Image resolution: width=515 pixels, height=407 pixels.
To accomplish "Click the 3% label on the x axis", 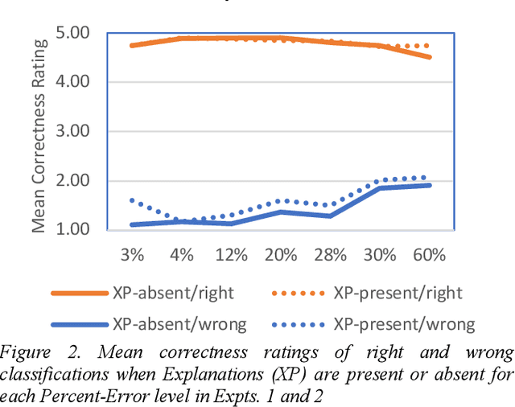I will [x=132, y=255].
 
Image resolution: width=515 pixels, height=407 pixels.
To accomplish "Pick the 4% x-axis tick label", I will [x=182, y=255].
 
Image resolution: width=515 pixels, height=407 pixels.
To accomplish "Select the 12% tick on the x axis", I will [x=231, y=255].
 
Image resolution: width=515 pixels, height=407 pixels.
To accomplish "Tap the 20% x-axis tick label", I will [x=281, y=255].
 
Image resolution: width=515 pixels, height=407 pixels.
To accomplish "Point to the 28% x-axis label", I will [x=330, y=255].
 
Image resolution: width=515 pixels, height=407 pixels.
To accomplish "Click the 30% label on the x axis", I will [x=380, y=255].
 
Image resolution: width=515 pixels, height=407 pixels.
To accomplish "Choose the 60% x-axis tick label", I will [x=429, y=255].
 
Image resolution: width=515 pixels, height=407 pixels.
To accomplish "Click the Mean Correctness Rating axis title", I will [x=39, y=133].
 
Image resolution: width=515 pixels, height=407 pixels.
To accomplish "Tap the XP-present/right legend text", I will [x=398, y=294].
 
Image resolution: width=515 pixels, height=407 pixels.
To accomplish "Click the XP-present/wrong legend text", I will [x=403, y=324].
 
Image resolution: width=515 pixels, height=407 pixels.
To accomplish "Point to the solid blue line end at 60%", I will [x=430, y=185].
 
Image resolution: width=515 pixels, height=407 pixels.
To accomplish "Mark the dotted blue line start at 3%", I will [x=132, y=200].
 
